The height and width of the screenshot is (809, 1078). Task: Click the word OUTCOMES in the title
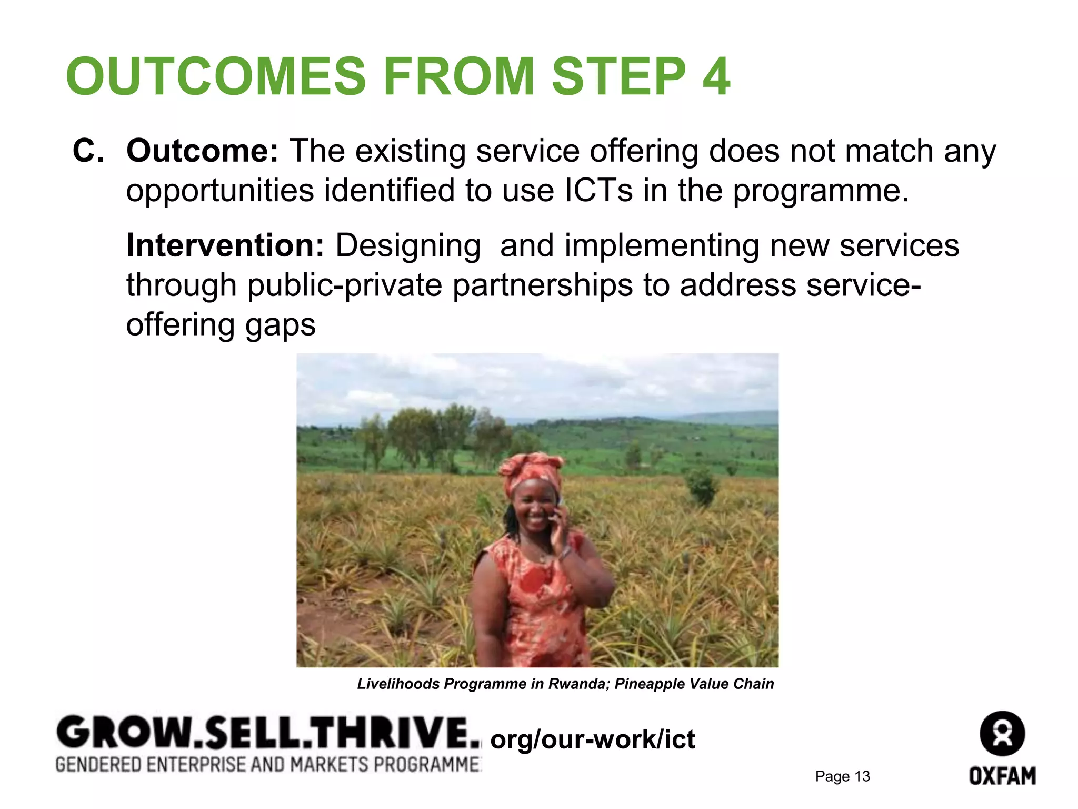(x=216, y=76)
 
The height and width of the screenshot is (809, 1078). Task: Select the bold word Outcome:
(x=202, y=151)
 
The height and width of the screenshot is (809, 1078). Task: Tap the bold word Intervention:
(x=225, y=245)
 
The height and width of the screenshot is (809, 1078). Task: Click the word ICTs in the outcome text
(x=598, y=190)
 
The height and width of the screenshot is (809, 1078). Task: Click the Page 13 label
(x=842, y=776)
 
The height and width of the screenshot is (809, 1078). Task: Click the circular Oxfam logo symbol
(x=1002, y=734)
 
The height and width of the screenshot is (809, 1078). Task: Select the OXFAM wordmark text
(x=1002, y=776)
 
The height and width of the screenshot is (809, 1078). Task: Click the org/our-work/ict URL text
(x=592, y=739)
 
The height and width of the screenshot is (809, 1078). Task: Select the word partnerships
(x=543, y=285)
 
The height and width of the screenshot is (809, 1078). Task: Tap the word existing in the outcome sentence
(x=411, y=151)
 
